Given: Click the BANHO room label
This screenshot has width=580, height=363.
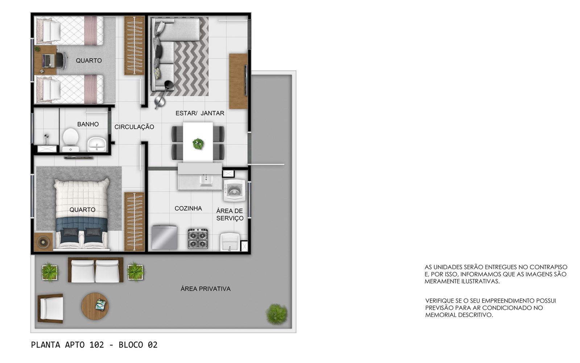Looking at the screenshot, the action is coord(88,124).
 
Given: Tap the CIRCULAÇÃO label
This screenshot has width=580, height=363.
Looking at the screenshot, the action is coord(134,127).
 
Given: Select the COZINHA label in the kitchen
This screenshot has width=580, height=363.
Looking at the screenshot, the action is coord(188,208).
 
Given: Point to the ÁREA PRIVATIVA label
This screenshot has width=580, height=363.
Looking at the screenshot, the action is coord(206,288).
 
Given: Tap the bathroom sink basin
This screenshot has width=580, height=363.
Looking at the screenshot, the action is coord(96,144).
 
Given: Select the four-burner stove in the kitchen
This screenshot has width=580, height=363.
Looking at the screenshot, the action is coord(198,238).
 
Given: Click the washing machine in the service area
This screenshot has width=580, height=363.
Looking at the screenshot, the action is coord(234,190).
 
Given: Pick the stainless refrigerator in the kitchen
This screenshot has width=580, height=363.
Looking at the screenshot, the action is coord(165,237).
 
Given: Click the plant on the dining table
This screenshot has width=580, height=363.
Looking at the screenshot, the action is coord(198,143).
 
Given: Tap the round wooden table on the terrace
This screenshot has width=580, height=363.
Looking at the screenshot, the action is coord(95,306).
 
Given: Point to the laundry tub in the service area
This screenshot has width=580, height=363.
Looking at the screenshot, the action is coord(230,242).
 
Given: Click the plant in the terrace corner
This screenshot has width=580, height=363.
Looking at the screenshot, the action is coord(277,314).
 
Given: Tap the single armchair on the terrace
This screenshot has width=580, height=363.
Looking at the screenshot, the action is coord(51,308).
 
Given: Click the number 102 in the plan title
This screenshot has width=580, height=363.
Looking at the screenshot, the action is coord(96,345).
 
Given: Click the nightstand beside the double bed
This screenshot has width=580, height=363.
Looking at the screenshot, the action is coord(43,242).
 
